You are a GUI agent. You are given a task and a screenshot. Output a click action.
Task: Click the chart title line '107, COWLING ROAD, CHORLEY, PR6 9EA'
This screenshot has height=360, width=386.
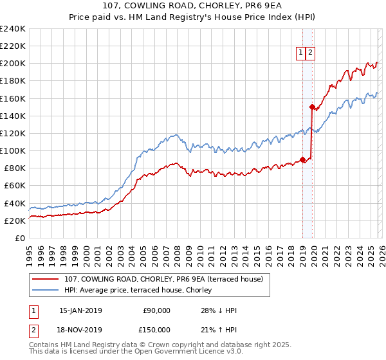tap(192, 6)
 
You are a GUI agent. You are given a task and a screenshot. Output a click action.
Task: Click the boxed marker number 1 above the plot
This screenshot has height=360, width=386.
tap(300, 53)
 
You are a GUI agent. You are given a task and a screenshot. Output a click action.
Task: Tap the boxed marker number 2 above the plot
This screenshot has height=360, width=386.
tap(310, 53)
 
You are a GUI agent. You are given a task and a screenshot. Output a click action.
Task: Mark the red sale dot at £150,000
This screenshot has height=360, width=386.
tap(312, 107)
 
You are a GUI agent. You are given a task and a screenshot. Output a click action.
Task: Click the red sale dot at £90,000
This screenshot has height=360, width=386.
tap(302, 160)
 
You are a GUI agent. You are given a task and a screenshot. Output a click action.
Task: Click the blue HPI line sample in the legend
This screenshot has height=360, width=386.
tap(47, 290)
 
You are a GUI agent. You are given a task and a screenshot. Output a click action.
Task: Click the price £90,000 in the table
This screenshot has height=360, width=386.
tap(156, 311)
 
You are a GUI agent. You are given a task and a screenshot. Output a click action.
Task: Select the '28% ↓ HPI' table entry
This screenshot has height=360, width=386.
tap(219, 311)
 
